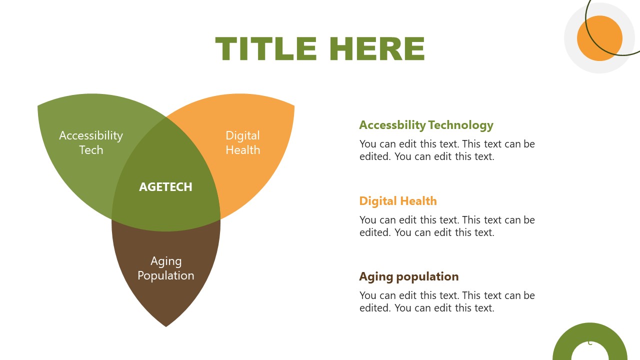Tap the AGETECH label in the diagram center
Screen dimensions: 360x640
(x=165, y=187)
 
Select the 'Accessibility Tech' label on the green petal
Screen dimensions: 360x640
(x=91, y=142)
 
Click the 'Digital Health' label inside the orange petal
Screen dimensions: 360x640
(x=242, y=142)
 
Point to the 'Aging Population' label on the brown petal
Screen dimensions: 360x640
(x=166, y=268)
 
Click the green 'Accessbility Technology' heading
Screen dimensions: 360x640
(x=426, y=125)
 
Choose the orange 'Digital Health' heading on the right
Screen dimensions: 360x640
(x=398, y=201)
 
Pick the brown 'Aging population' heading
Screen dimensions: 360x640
(x=408, y=276)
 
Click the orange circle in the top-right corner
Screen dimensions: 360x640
(x=599, y=38)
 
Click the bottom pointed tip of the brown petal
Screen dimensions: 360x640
(x=166, y=325)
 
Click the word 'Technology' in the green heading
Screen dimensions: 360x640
(x=460, y=125)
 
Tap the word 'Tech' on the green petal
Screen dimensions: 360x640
(x=91, y=150)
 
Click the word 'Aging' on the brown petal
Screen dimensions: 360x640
(x=166, y=261)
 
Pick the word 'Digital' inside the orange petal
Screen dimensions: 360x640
(x=242, y=135)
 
